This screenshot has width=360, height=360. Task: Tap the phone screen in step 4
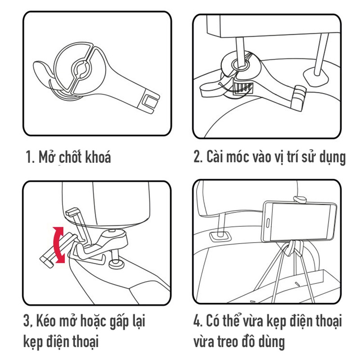pos(301,221)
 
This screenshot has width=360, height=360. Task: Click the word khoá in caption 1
pos(98,157)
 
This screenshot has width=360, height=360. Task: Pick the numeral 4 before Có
pos(198,321)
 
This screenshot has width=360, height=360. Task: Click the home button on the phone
pos(268,222)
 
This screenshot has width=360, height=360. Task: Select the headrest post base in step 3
pos(117,264)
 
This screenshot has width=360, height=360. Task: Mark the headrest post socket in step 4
pos(220,237)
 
